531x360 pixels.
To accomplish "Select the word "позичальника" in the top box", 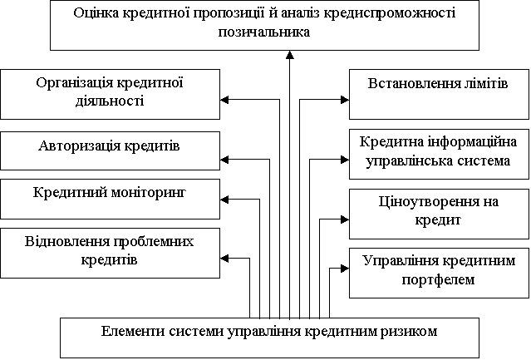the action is pos(263,32).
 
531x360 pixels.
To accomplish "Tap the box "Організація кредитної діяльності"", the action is pos(110,95).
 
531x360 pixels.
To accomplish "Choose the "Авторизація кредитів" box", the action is pos(110,151).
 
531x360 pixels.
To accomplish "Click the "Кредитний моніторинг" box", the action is pos(110,200).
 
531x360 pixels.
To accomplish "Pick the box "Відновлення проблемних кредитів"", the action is pos(110,254).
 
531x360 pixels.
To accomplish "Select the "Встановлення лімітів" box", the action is pos(439,95).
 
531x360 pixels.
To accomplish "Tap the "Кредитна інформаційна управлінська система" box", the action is pos(439,154).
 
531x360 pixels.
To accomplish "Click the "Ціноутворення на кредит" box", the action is pos(439,214).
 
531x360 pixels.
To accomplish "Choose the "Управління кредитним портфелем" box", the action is pos(439,273).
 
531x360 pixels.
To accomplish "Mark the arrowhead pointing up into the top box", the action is pos(289,55).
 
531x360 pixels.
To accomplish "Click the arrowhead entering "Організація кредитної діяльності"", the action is pos(224,100).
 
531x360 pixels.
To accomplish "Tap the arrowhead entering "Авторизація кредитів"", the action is pos(224,159).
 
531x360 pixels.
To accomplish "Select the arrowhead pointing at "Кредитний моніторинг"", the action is pos(224,200).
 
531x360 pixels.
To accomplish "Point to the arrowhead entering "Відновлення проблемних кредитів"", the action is pos(224,259).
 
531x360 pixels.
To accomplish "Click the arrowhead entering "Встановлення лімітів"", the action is pos(345,100).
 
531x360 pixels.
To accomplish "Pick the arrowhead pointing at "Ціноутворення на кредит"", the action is pos(345,219).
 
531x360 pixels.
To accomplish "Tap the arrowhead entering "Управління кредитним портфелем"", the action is pos(345,269).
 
